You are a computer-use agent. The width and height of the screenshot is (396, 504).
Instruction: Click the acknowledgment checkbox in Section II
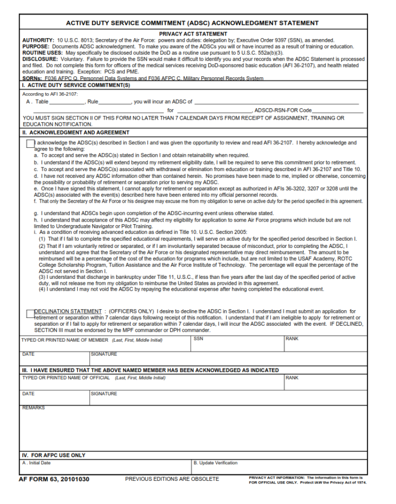30,144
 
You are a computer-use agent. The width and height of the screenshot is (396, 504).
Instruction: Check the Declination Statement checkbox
30,313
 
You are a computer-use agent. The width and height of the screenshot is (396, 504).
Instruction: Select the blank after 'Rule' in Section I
115,102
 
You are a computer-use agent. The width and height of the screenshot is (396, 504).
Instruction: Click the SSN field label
199,339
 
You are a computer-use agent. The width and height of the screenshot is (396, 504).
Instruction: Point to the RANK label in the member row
292,339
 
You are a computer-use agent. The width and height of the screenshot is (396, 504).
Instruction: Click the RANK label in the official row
292,378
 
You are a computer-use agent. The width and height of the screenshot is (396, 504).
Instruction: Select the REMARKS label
34,408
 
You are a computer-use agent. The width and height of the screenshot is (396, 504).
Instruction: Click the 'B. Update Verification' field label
216,463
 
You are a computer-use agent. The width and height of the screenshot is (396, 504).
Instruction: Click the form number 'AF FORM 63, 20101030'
54,479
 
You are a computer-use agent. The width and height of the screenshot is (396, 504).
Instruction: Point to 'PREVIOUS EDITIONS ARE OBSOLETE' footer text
172,479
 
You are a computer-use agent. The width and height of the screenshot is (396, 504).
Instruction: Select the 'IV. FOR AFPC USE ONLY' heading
54,456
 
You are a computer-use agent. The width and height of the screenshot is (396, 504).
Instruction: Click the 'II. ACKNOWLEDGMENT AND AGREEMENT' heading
76,132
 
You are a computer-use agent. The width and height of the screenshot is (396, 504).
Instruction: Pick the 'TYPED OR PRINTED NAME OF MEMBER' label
65,340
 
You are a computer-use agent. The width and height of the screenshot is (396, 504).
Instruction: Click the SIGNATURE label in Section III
104,394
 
